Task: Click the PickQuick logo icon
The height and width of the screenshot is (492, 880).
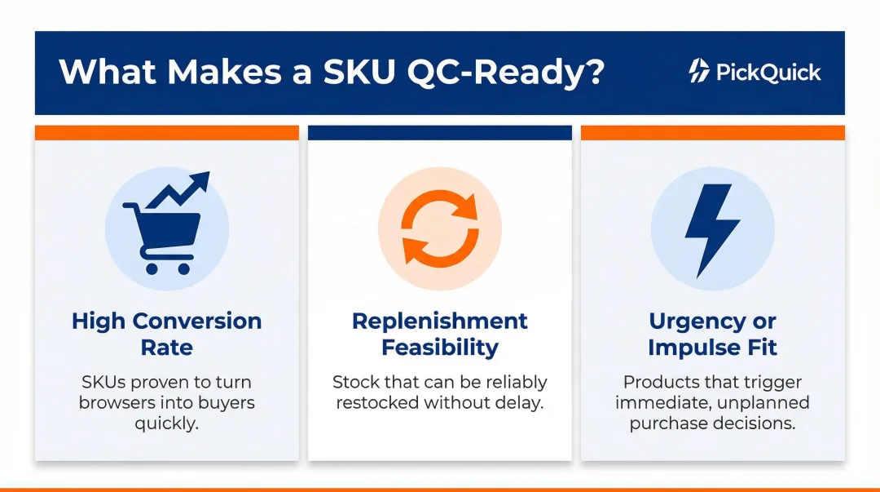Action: (x=698, y=72)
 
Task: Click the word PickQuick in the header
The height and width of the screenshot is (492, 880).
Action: (x=768, y=72)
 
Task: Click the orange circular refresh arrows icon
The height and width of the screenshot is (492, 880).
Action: (x=440, y=229)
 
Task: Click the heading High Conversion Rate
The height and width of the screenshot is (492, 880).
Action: (x=167, y=334)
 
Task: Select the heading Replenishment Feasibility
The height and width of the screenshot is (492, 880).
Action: (x=440, y=334)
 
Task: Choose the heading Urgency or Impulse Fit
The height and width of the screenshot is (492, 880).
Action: (x=712, y=334)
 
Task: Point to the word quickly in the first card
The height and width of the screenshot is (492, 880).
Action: (x=167, y=423)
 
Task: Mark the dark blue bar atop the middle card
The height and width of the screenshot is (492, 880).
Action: (x=440, y=133)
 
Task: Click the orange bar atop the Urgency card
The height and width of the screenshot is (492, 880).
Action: (x=712, y=133)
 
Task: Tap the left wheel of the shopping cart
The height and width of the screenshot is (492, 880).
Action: (x=151, y=268)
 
